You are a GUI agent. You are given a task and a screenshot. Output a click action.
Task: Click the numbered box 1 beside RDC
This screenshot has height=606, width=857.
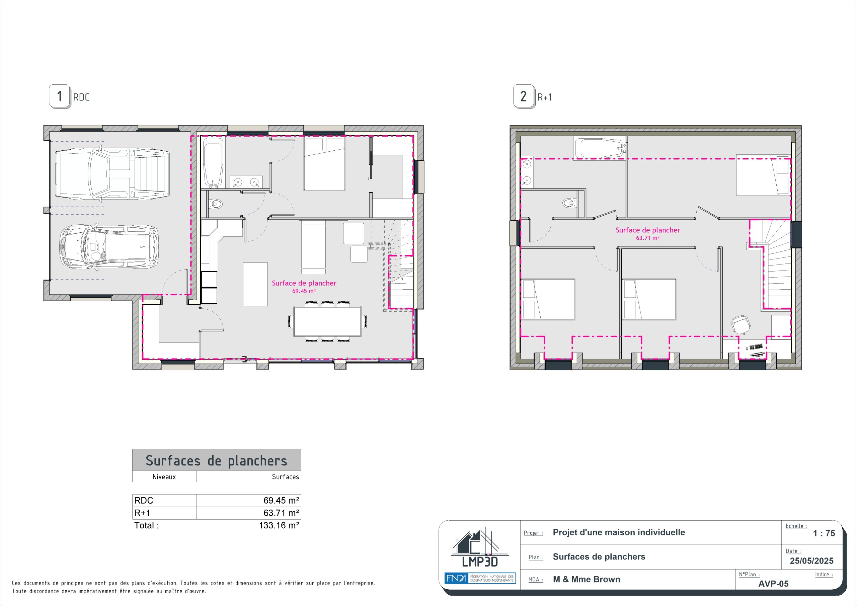[x=60, y=97]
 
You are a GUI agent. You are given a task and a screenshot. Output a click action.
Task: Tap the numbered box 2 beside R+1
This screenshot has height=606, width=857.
[x=524, y=97]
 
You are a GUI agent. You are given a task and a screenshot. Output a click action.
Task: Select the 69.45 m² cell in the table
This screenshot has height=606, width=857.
[x=249, y=500]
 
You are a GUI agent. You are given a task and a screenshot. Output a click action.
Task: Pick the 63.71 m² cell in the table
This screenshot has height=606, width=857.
[x=249, y=513]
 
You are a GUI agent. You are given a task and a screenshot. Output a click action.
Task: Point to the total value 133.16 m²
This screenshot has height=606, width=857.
[x=279, y=525]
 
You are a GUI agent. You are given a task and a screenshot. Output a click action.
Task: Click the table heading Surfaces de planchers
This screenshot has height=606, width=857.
[x=217, y=460]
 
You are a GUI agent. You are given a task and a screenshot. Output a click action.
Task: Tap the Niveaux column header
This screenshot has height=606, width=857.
[x=164, y=477]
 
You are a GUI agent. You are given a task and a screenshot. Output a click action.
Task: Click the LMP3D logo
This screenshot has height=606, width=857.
[x=480, y=547]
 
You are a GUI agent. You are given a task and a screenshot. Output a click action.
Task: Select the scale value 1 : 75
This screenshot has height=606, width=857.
[x=824, y=534]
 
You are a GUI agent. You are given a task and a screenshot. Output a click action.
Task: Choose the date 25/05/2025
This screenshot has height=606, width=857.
[x=811, y=561]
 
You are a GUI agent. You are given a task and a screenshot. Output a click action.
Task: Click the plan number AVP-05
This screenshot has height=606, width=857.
[x=773, y=584]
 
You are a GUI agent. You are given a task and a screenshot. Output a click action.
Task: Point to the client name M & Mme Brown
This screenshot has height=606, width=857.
[x=587, y=580]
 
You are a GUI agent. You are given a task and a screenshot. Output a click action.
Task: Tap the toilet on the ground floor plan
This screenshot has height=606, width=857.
[x=215, y=204]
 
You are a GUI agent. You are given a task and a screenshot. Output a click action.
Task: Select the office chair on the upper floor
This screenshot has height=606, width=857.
[x=741, y=324]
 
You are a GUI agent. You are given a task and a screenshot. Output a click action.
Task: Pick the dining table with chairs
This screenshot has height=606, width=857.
[x=327, y=321]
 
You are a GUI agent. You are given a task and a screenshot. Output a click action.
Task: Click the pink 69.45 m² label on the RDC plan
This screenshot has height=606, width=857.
[x=304, y=291]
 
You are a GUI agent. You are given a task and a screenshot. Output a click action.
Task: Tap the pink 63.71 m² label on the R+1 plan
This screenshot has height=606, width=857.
[x=648, y=238]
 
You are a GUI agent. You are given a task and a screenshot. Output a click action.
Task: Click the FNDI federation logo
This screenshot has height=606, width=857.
[x=480, y=578]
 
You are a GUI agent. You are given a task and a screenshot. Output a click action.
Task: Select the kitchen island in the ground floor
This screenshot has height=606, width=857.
[x=255, y=284]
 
